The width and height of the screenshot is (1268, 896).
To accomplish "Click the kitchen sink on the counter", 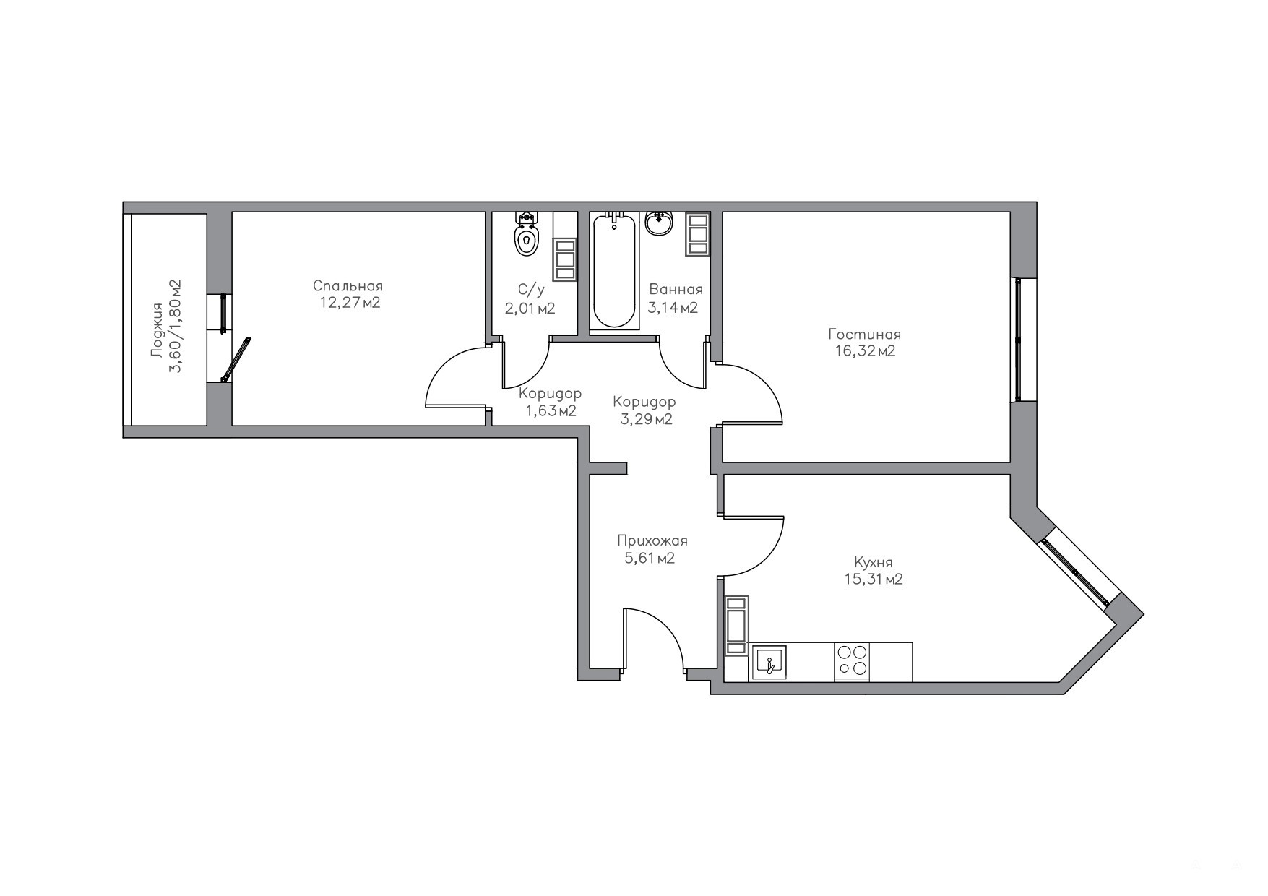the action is tap(769, 662).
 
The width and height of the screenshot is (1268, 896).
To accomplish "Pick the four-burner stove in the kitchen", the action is tap(852, 661).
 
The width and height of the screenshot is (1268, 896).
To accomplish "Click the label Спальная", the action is tap(348, 286).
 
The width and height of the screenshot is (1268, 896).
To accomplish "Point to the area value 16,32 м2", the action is tap(865, 352).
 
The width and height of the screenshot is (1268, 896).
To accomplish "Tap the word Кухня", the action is tap(874, 562).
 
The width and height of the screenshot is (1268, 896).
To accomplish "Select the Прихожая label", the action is tap(652, 540).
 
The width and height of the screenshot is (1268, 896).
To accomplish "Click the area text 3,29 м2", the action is tap(646, 419).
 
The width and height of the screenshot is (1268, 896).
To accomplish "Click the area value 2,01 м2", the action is tap(530, 309).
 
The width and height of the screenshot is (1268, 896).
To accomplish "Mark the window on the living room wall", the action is tap(1018, 340).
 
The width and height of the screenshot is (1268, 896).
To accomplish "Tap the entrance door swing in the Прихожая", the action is tap(654, 639).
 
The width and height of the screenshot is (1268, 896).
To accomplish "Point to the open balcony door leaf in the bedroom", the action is tap(236, 358).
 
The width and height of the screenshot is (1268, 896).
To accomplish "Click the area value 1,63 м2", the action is tap(551, 411).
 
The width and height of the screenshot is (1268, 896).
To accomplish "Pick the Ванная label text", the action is tap(676, 290).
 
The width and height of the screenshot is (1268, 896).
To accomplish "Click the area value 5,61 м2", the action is tap(650, 558).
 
